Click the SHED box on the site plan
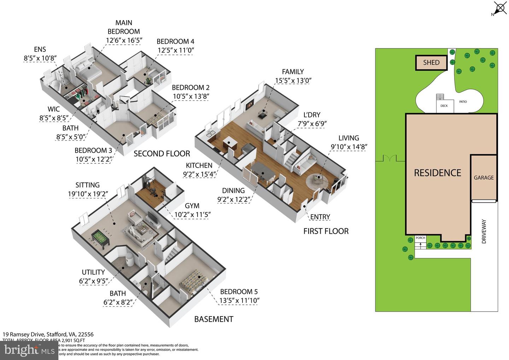431,63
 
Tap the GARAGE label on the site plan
484,178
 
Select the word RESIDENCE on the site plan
438,173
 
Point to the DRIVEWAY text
484,231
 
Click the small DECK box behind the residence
444,106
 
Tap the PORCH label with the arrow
420,240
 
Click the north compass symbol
500,8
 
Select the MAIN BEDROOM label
123,27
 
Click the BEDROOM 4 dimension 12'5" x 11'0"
176,50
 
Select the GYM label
192,206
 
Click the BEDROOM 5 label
239,292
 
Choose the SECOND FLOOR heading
162,154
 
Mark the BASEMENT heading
213,319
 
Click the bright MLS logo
29,350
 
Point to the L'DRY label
311,115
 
